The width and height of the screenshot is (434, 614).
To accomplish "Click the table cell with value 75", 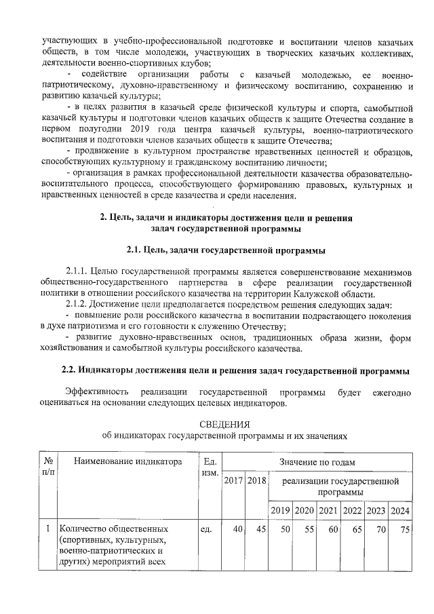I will pos(404,529).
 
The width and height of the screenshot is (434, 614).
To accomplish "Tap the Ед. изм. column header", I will pos(208,467).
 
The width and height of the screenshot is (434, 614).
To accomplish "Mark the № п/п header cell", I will pos(47,467).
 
